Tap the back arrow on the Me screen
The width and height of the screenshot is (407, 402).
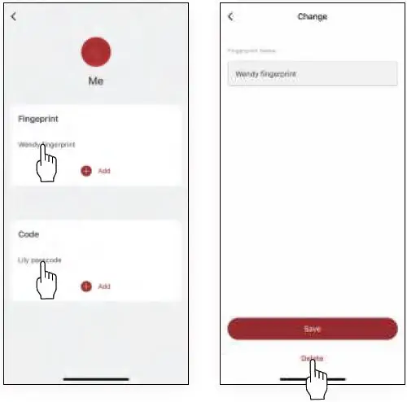tap(13, 16)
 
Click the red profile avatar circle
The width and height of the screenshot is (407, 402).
tap(96, 51)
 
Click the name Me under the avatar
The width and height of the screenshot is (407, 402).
tap(96, 81)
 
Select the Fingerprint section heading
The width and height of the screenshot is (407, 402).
tap(38, 119)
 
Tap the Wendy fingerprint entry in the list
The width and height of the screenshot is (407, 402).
tap(47, 144)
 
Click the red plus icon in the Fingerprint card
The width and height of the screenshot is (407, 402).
tap(86, 171)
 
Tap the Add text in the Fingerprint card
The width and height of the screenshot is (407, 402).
tap(104, 171)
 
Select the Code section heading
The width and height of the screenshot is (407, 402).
tap(28, 234)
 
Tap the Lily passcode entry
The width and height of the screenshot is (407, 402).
tap(40, 260)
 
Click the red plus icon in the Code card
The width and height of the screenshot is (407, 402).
tap(86, 286)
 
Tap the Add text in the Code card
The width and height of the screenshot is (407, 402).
tap(104, 286)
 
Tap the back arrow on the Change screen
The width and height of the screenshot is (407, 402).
tap(230, 16)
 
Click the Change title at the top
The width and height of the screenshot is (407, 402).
tap(313, 16)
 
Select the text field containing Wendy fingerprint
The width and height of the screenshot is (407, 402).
tap(313, 74)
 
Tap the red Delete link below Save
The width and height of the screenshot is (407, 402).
tap(313, 358)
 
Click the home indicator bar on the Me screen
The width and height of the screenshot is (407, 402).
tap(96, 379)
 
